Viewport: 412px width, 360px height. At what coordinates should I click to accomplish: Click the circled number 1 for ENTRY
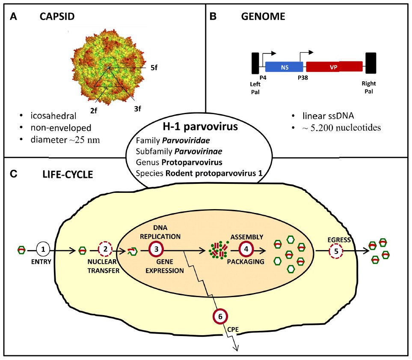(x=43, y=248)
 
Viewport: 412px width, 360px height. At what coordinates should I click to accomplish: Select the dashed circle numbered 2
(x=105, y=248)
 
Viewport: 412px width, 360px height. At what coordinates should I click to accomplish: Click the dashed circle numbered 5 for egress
(x=337, y=252)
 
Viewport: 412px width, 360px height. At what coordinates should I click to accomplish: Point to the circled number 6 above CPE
(x=220, y=317)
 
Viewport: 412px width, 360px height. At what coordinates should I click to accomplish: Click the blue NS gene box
(x=285, y=67)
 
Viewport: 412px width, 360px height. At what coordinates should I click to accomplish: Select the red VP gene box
(x=335, y=67)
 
